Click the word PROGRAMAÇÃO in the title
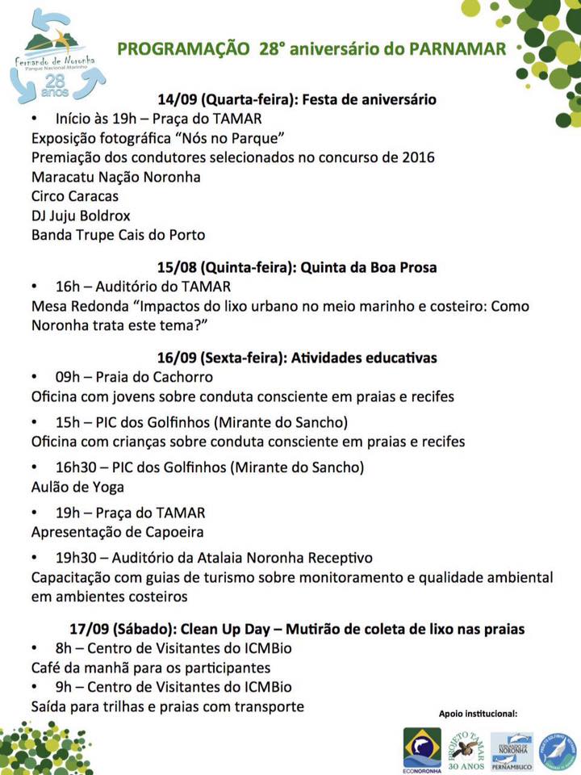point(183,49)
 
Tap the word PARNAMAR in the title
point(458,49)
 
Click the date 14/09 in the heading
point(177,100)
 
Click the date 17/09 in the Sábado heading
point(90,629)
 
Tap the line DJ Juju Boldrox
point(81,216)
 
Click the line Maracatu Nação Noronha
point(115,177)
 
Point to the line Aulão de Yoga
point(77,487)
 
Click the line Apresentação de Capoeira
point(117,532)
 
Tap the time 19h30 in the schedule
point(76,558)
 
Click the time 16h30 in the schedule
point(76,467)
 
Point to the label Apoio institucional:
point(478,714)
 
